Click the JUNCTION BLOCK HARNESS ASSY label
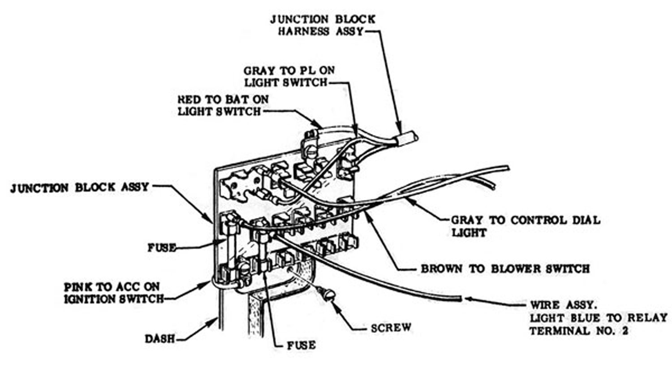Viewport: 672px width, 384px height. [323, 25]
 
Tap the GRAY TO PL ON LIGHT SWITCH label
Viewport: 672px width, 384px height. [289, 77]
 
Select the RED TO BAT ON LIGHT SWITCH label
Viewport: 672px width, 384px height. [222, 105]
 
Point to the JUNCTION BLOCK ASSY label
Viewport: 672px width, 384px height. [79, 187]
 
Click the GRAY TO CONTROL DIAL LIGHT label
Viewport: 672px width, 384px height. [524, 226]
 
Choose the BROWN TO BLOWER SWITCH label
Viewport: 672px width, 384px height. [505, 269]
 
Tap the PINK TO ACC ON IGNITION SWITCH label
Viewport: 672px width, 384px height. [113, 293]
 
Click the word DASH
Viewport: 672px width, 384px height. [160, 338]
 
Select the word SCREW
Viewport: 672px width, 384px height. [391, 328]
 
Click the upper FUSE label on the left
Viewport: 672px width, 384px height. [162, 247]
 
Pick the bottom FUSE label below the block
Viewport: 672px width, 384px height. [301, 345]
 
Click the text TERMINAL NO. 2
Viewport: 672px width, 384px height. [578, 331]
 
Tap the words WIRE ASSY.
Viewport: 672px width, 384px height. [564, 305]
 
